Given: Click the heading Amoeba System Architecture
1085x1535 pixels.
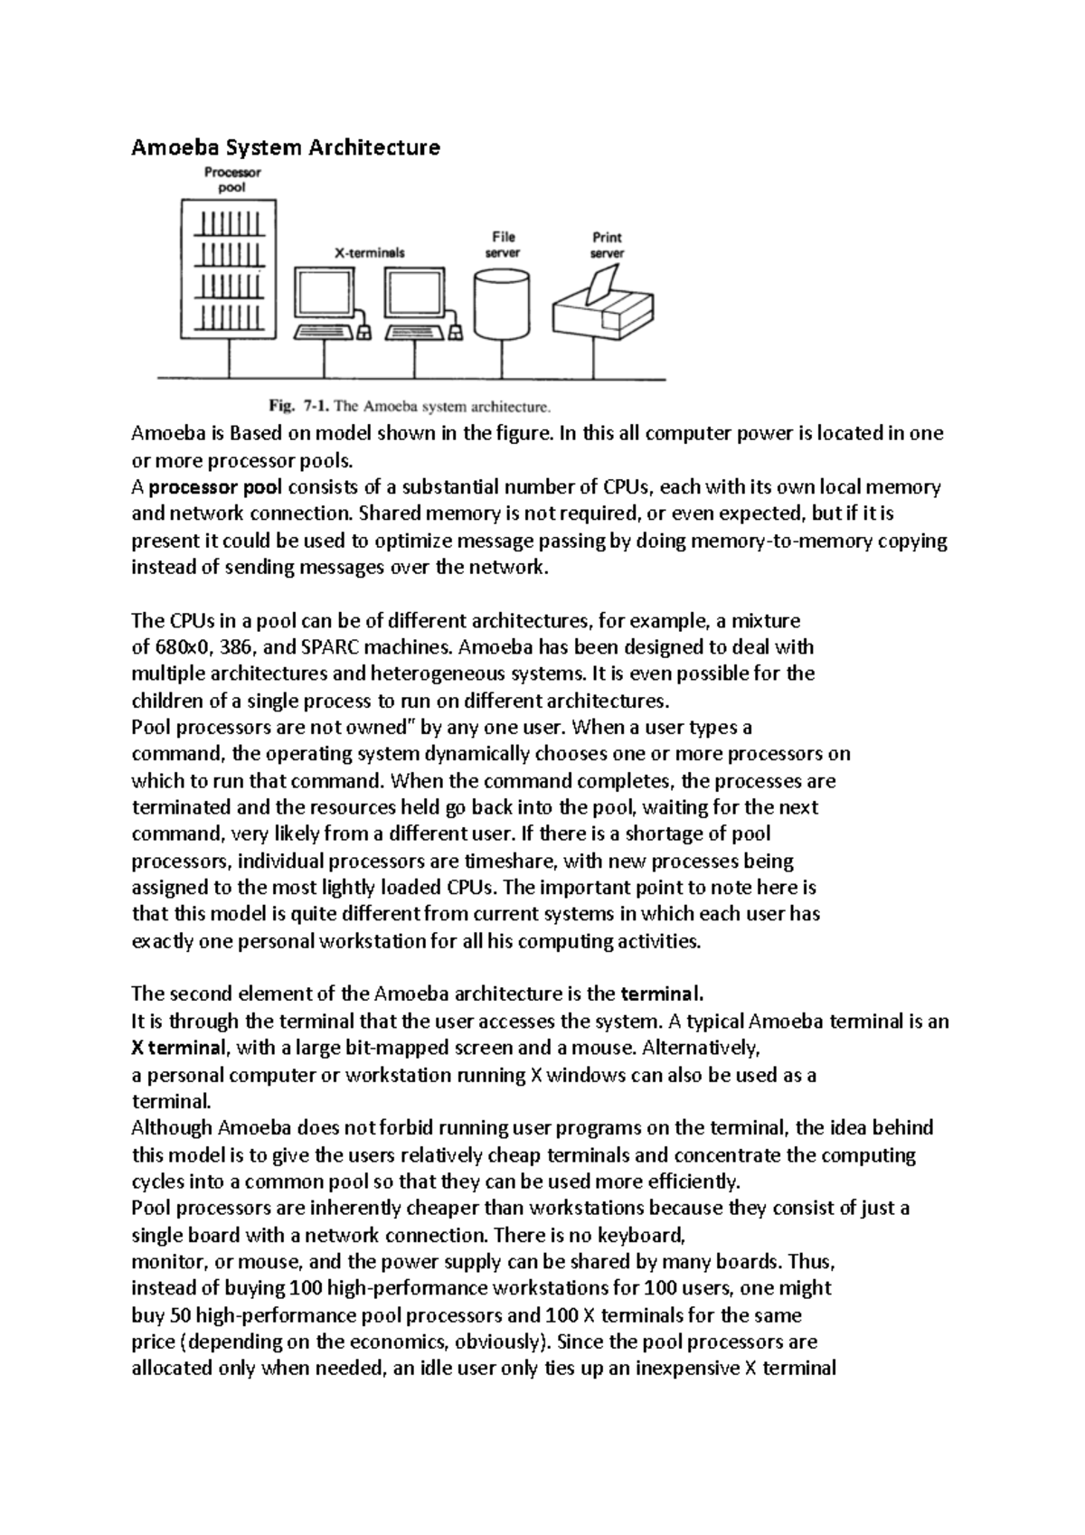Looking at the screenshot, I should point(286,147).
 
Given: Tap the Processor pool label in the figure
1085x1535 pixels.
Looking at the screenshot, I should point(231,180).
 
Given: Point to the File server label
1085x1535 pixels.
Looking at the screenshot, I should point(503,245).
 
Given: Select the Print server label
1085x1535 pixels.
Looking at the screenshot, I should point(607,245).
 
